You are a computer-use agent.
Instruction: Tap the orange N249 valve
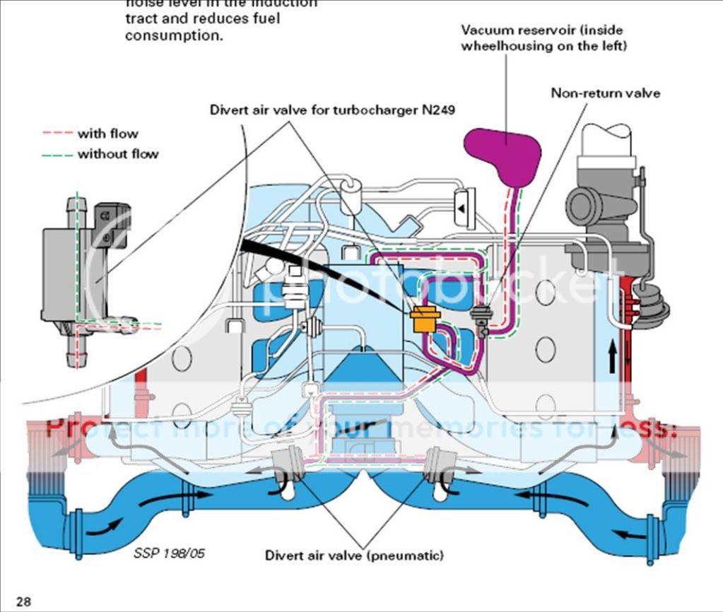[x=425, y=320]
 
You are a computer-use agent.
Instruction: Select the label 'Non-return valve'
[x=606, y=93]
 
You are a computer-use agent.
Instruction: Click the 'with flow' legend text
[x=107, y=134]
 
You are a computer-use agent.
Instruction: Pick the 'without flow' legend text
[x=117, y=153]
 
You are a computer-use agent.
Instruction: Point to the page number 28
[x=23, y=602]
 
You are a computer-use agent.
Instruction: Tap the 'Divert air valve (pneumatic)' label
[x=354, y=555]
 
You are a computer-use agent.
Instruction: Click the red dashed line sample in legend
[x=57, y=134]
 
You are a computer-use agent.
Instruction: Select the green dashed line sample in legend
[x=57, y=153]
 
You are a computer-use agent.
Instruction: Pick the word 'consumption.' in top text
[x=174, y=35]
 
